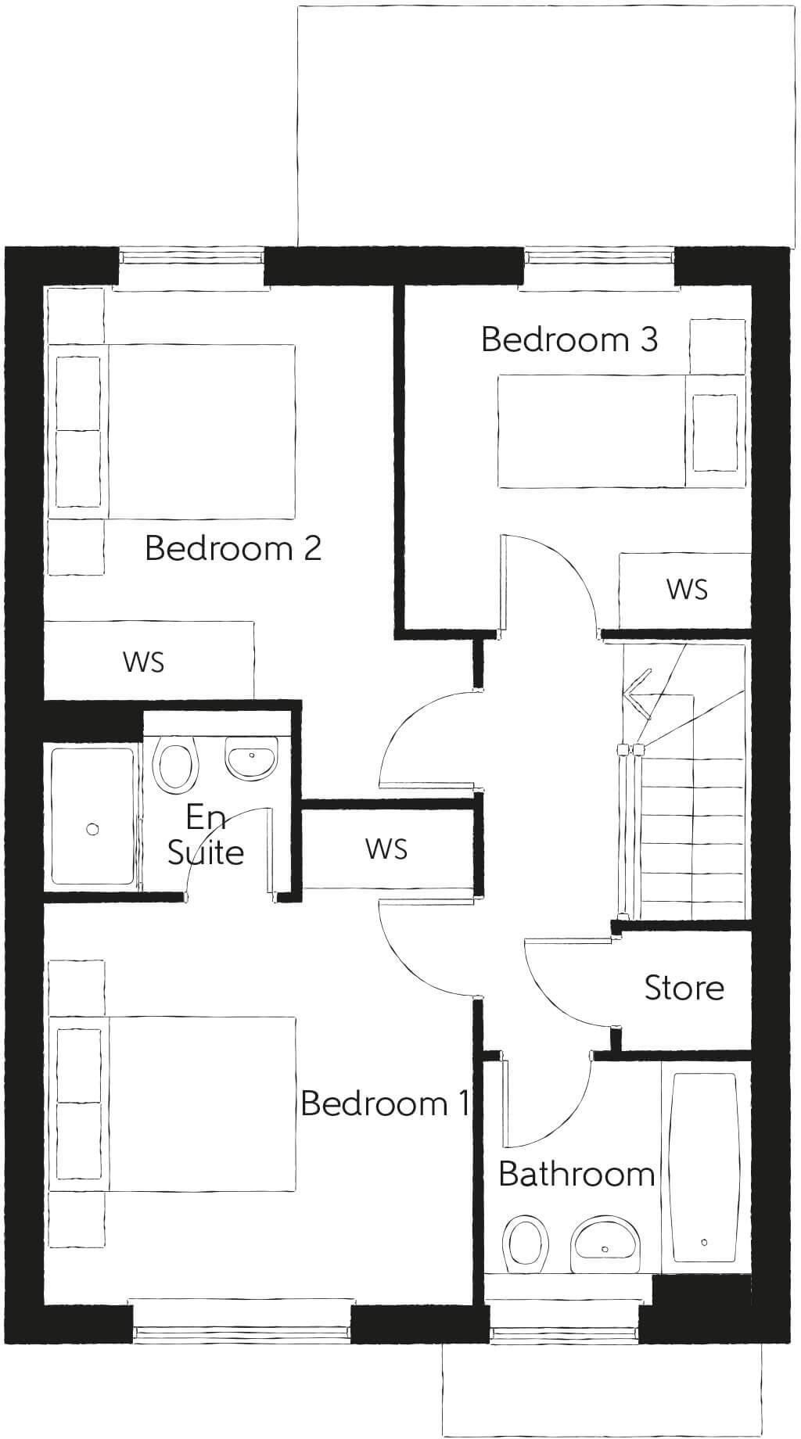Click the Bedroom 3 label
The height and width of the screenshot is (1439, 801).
[569, 339]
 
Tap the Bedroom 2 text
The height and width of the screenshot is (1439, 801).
[233, 547]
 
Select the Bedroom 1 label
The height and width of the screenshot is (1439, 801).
[385, 1103]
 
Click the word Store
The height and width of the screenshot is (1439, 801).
[684, 988]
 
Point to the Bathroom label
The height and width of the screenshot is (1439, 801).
[576, 1174]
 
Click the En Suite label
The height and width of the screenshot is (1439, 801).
[206, 835]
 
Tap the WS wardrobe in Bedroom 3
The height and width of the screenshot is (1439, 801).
[685, 590]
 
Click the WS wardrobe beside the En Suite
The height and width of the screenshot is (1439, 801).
[386, 849]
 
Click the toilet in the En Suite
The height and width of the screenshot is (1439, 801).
[175, 764]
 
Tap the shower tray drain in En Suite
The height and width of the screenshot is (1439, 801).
[93, 829]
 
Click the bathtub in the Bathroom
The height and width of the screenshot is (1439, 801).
[704, 1171]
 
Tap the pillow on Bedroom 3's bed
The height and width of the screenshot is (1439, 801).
[715, 432]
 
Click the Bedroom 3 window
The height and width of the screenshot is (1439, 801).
[598, 257]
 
